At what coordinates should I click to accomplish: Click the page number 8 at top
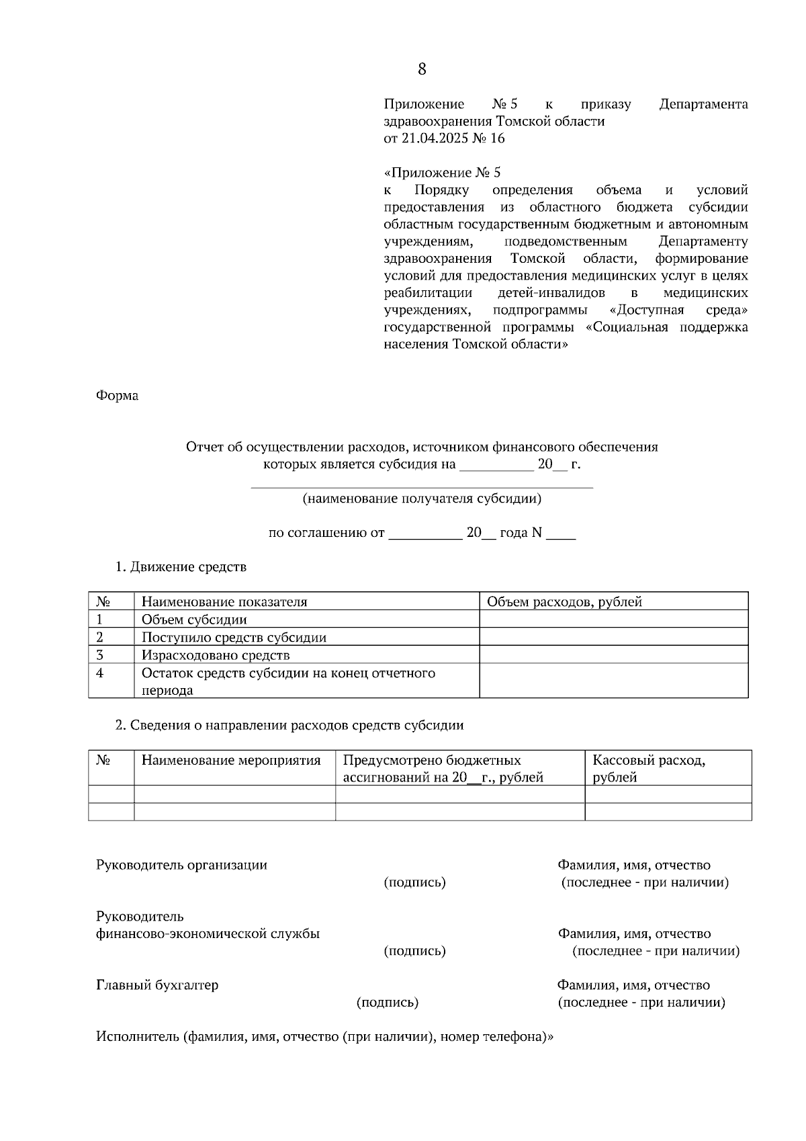pyautogui.click(x=422, y=69)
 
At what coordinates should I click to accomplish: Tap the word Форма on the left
pyautogui.click(x=118, y=396)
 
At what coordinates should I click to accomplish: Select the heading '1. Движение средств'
pyautogui.click(x=181, y=567)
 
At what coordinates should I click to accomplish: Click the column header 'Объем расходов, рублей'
pyautogui.click(x=564, y=602)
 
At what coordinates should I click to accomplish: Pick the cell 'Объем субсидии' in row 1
pyautogui.click(x=194, y=620)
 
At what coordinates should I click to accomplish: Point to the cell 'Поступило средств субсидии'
pyautogui.click(x=234, y=637)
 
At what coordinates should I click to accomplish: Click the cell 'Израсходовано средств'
pyautogui.click(x=216, y=655)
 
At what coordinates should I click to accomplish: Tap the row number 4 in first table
pyautogui.click(x=100, y=673)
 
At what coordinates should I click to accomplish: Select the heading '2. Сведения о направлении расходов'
pyautogui.click(x=289, y=726)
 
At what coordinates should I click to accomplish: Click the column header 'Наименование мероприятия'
pyautogui.click(x=231, y=761)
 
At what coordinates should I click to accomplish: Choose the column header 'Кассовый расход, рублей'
pyautogui.click(x=648, y=769)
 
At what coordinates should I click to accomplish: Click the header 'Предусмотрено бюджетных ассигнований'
pyautogui.click(x=443, y=769)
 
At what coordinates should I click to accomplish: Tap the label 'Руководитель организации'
pyautogui.click(x=181, y=865)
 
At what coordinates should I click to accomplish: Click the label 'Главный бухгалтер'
pyautogui.click(x=157, y=985)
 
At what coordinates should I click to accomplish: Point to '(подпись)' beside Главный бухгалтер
pyautogui.click(x=388, y=1003)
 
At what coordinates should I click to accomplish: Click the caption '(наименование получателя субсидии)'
pyautogui.click(x=422, y=499)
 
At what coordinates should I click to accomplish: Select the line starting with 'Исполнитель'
pyautogui.click(x=325, y=1037)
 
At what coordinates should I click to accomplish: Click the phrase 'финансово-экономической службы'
pyautogui.click(x=208, y=933)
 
